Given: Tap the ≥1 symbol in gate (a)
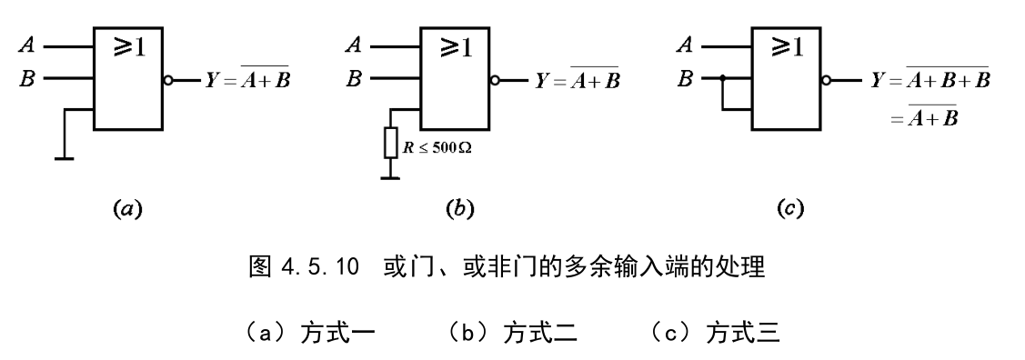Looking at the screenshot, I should click(x=129, y=48).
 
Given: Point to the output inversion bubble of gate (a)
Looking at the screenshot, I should click(x=167, y=80).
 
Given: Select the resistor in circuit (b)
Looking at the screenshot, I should click(x=391, y=144).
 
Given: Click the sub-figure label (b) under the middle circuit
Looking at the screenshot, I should click(x=455, y=209).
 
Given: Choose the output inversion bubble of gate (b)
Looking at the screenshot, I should click(x=495, y=80).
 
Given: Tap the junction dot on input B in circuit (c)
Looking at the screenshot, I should click(x=721, y=79).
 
